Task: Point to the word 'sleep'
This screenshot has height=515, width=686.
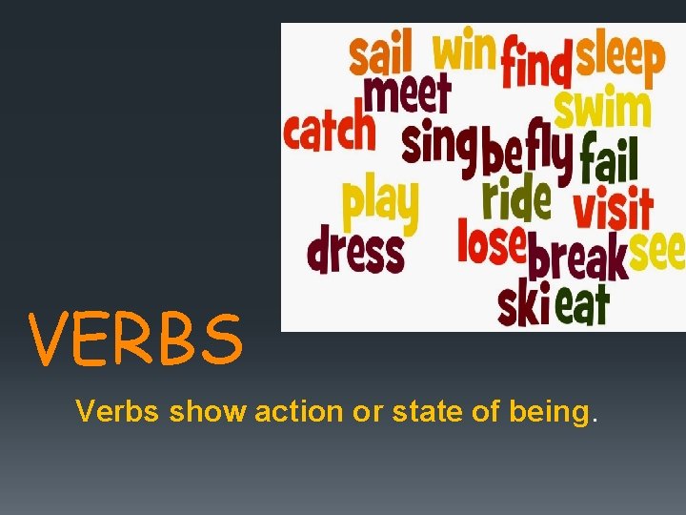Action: pyautogui.click(x=619, y=59)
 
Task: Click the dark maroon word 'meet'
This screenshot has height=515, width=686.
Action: pyautogui.click(x=407, y=96)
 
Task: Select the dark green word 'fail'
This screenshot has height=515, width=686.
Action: pyautogui.click(x=609, y=160)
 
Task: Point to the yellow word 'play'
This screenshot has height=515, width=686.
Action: pyautogui.click(x=380, y=203)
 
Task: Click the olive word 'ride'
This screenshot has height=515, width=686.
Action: pyautogui.click(x=515, y=197)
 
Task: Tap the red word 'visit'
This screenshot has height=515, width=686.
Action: pyautogui.click(x=613, y=210)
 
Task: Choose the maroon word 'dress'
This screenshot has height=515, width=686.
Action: pyautogui.click(x=355, y=253)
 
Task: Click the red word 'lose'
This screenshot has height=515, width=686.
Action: pyautogui.click(x=492, y=242)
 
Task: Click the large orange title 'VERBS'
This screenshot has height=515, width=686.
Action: pyautogui.click(x=135, y=340)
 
